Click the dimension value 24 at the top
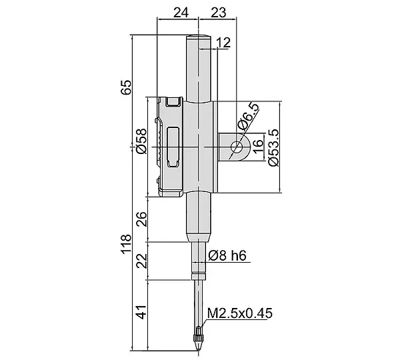[x=181, y=12]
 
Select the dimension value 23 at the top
[x=218, y=12]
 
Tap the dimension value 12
[x=223, y=43]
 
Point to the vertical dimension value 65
[x=126, y=88]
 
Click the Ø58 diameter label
[x=142, y=141]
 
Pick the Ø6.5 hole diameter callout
[x=248, y=117]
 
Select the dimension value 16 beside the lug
[x=258, y=147]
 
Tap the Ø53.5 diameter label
[x=273, y=147]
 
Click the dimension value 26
[x=142, y=219]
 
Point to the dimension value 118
[x=126, y=244]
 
